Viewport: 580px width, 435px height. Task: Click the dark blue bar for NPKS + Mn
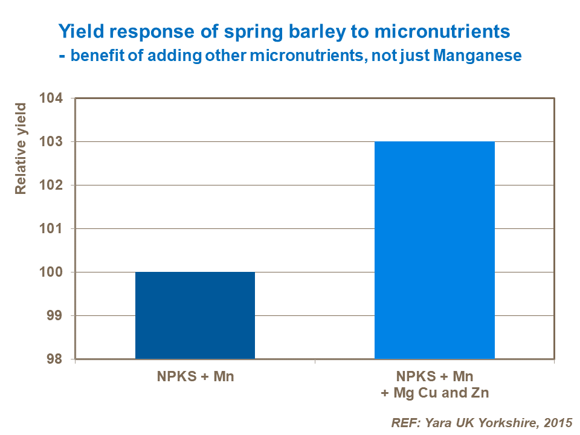coord(195,315)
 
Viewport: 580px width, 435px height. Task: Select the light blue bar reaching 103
coord(434,250)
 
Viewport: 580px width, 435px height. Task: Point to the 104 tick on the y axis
coord(55,98)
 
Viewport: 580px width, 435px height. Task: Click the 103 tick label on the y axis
coord(55,142)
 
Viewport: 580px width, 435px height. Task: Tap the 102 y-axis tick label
coord(55,185)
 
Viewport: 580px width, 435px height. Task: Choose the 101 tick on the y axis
coord(55,229)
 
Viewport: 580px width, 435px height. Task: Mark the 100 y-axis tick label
coord(55,272)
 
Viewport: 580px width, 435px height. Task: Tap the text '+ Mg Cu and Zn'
coord(434,393)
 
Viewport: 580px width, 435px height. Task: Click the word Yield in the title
coord(77,30)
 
